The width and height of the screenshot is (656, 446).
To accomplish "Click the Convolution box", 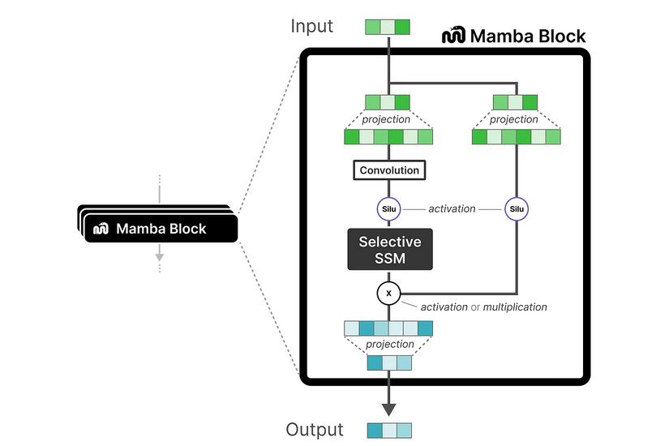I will pos(389,170).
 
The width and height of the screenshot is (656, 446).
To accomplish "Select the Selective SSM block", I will pos(389,250).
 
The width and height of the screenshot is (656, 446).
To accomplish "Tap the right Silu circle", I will pos(516,209).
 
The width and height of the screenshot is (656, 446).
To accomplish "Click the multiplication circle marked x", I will pos(388,293).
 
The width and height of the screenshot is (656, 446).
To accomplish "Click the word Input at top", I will pos(312,27).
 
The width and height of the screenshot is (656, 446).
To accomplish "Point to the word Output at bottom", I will pos(315,429).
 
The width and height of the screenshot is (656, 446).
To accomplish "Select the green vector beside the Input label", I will pos(388,27).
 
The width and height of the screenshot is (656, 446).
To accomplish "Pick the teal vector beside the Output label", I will pos(388,429).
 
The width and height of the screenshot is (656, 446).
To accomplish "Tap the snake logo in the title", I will pos(453,36).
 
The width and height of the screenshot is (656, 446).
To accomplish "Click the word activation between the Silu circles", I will pos(452,209).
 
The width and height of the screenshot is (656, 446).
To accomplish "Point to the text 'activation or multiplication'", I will pos(483,307).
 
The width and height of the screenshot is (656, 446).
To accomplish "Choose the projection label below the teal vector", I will pos(389,345).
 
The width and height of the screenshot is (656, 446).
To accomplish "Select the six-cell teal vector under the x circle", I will pos(388,328).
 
